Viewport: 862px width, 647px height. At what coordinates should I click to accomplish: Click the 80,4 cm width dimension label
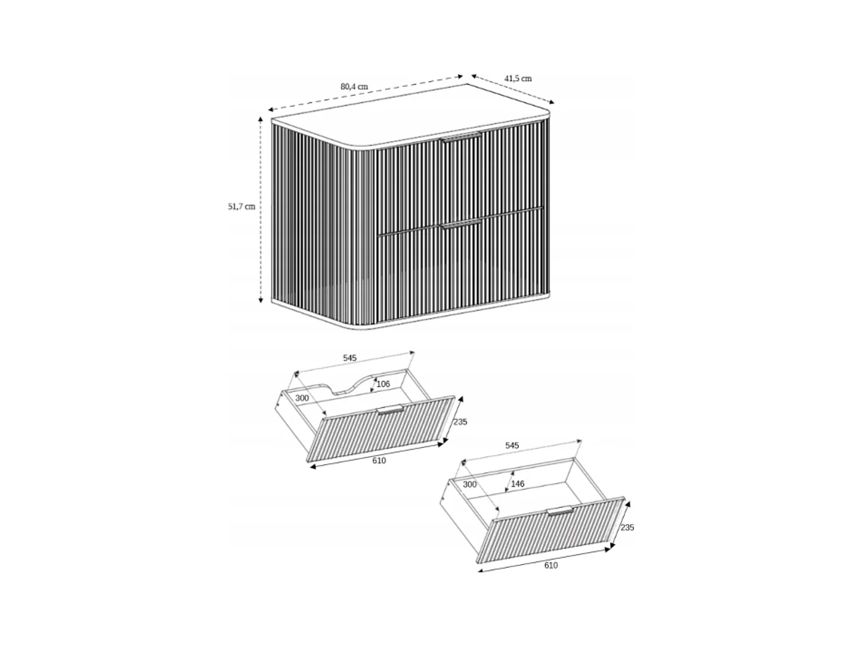pyautogui.click(x=354, y=87)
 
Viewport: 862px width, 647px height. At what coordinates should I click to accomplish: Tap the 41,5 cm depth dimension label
pyautogui.click(x=518, y=78)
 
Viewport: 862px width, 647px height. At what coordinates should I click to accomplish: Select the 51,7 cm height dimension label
pyautogui.click(x=241, y=206)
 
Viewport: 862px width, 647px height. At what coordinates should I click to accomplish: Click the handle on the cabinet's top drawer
pyautogui.click(x=461, y=137)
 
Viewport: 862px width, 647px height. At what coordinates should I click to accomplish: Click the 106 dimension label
pyautogui.click(x=383, y=384)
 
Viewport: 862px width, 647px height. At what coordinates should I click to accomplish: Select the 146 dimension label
pyautogui.click(x=518, y=484)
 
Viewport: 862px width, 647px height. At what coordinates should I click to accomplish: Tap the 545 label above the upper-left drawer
pyautogui.click(x=349, y=358)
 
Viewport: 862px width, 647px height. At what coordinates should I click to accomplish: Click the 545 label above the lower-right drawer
pyautogui.click(x=511, y=446)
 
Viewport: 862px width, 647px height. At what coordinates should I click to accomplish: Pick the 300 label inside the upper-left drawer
pyautogui.click(x=302, y=398)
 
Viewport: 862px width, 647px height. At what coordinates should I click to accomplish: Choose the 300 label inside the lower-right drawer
pyautogui.click(x=470, y=485)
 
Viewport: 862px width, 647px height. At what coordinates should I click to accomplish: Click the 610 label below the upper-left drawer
pyautogui.click(x=379, y=461)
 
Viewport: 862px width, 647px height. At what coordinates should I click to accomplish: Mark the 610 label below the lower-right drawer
pyautogui.click(x=551, y=565)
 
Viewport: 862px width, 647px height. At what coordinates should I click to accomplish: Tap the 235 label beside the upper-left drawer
pyautogui.click(x=460, y=422)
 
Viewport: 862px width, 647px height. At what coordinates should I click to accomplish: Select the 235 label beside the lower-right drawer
pyautogui.click(x=628, y=527)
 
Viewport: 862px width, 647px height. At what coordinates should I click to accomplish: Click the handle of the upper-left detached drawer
pyautogui.click(x=390, y=409)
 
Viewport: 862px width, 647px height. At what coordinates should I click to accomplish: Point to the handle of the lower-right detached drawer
pyautogui.click(x=560, y=511)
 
